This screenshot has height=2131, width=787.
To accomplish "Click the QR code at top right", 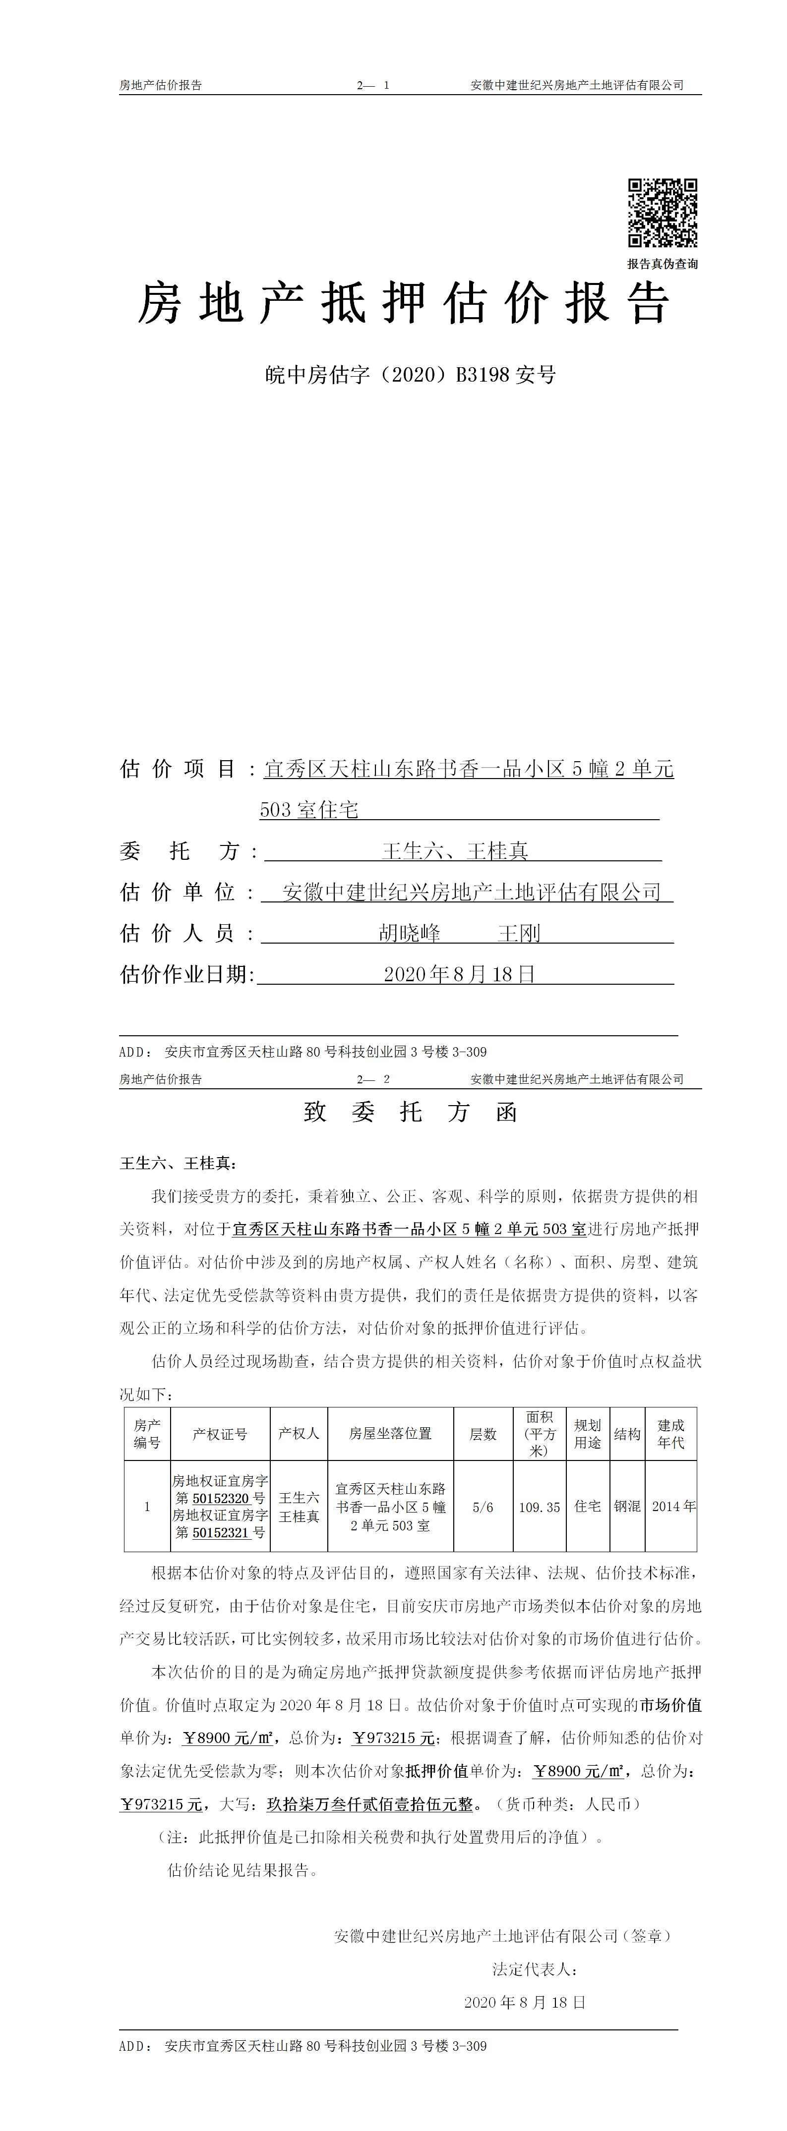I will pos(662,213).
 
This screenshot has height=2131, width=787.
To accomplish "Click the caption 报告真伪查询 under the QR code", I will pos(662,264).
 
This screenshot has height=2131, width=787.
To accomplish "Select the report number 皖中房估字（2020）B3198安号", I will pos(411,375).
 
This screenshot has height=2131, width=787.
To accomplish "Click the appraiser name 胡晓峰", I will pos(410,933).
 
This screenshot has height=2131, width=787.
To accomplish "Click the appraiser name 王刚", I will pos(519,933).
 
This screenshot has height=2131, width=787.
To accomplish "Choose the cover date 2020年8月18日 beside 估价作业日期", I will pos(459,974).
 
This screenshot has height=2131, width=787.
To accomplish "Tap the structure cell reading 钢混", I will pos(627,1507).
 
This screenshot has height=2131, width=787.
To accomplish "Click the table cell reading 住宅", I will pos(588,1507).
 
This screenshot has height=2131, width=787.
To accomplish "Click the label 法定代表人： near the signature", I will pos(536,1969).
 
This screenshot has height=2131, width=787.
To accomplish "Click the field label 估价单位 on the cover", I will pos(178,892).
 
